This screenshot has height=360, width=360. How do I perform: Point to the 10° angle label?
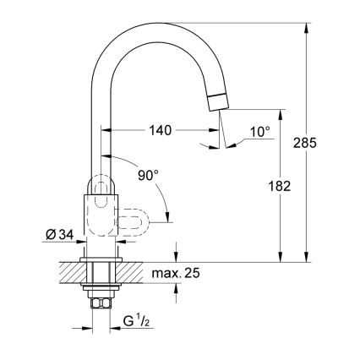[260, 132]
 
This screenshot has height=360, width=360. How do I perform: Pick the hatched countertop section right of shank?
[132, 274]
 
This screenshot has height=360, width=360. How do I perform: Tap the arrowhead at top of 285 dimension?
[305, 28]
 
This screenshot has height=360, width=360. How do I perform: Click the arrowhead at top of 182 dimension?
[279, 112]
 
